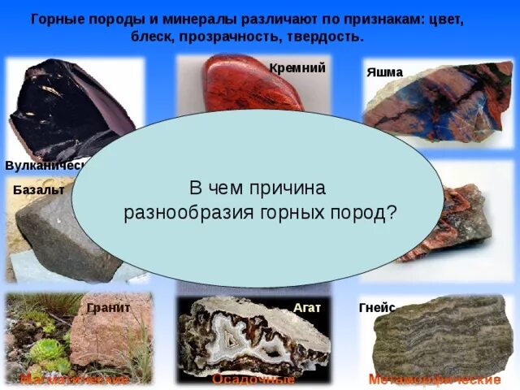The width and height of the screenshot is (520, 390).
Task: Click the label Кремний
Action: click(x=297, y=68)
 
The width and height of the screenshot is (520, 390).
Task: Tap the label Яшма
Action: click(x=384, y=72)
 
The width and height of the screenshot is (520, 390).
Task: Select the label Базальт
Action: click(x=38, y=189)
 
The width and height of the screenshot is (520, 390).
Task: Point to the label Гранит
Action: click(x=108, y=308)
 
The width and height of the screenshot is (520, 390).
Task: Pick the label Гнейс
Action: click(x=376, y=308)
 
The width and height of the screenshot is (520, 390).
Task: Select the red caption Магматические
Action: click(x=75, y=379)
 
